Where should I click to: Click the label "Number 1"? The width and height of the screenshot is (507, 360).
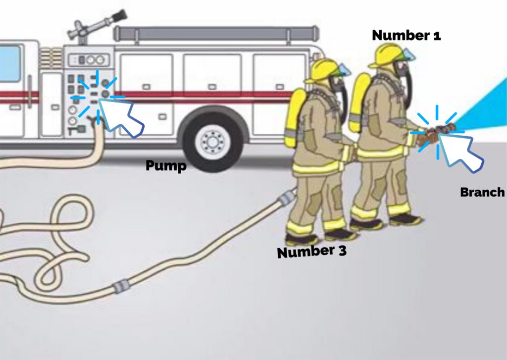[406, 35]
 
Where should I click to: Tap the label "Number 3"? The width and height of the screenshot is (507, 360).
[311, 252]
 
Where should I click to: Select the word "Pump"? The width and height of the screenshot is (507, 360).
[166, 166]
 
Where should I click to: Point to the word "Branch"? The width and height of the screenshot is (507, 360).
[482, 192]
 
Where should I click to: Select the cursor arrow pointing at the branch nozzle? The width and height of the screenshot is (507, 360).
[460, 153]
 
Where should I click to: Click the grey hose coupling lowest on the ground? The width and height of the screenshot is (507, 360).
[121, 287]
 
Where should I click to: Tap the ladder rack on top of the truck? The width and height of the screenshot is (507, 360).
[215, 34]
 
